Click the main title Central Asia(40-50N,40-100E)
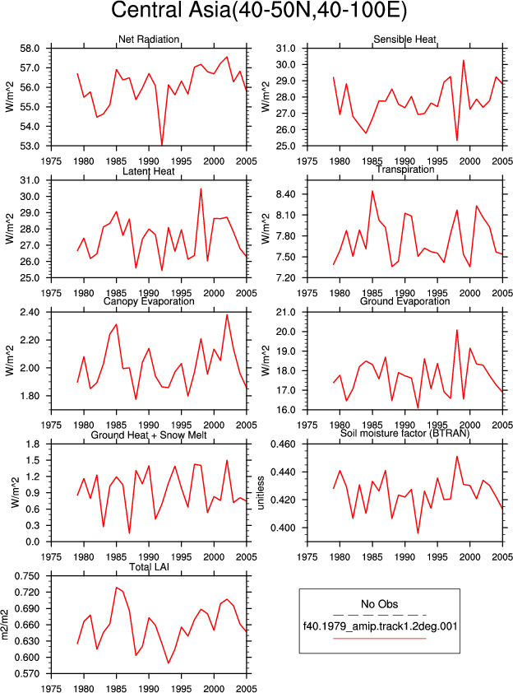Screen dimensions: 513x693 coord(259,11)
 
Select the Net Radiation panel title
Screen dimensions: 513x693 coord(149,40)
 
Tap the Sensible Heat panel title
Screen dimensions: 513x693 coord(404,40)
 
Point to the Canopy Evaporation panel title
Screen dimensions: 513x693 coord(149,301)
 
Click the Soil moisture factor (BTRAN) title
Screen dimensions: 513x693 coord(404,433)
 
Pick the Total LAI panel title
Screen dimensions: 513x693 coord(149,567)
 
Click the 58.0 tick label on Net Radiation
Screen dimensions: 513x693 coord(30,49)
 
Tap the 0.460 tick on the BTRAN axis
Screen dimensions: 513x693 coord(284,444)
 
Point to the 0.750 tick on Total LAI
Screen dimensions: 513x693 coord(27,576)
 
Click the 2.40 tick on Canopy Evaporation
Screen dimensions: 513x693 coord(30,313)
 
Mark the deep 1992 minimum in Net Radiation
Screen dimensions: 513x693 coord(162,145)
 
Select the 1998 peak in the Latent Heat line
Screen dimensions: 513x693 coord(201,188)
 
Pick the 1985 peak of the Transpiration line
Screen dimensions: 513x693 coord(372,191)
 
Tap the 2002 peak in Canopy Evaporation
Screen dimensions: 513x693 coord(227,314)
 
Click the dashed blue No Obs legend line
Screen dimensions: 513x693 coord(380,615)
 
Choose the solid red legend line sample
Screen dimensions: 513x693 coord(380,638)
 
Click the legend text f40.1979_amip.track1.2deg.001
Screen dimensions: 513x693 coord(380,626)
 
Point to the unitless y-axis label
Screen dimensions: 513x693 coord(261,493)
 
